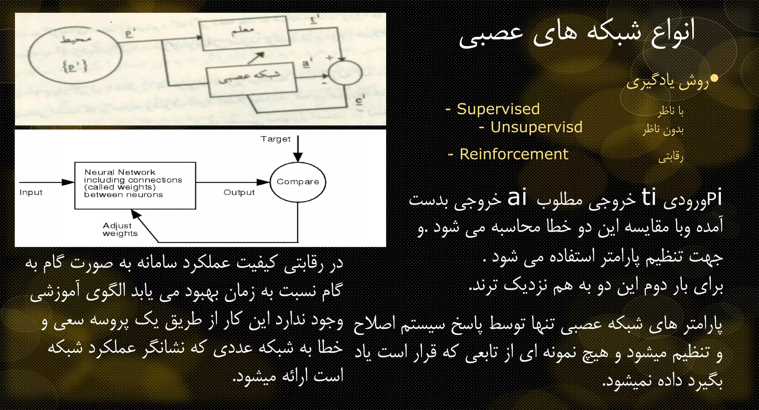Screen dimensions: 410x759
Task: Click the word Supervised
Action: point(498,109)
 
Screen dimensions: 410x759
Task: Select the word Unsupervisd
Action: point(536,127)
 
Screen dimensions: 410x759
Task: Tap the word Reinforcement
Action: point(514,154)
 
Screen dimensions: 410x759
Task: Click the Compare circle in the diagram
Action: point(298,182)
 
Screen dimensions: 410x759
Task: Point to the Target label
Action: point(275,139)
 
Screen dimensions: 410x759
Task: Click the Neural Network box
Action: point(135,185)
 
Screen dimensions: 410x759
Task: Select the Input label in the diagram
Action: point(31,192)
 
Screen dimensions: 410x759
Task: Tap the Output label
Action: point(239,192)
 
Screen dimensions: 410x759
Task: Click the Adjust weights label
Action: point(120,229)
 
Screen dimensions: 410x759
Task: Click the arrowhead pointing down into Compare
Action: point(298,157)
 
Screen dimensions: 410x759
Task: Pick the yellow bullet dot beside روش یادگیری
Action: point(715,78)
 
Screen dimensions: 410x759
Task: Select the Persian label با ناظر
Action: point(671,110)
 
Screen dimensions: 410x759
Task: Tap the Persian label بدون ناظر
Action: point(663,129)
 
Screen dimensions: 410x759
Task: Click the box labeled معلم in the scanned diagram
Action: point(243,33)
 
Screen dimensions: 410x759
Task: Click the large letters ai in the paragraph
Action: point(517,198)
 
